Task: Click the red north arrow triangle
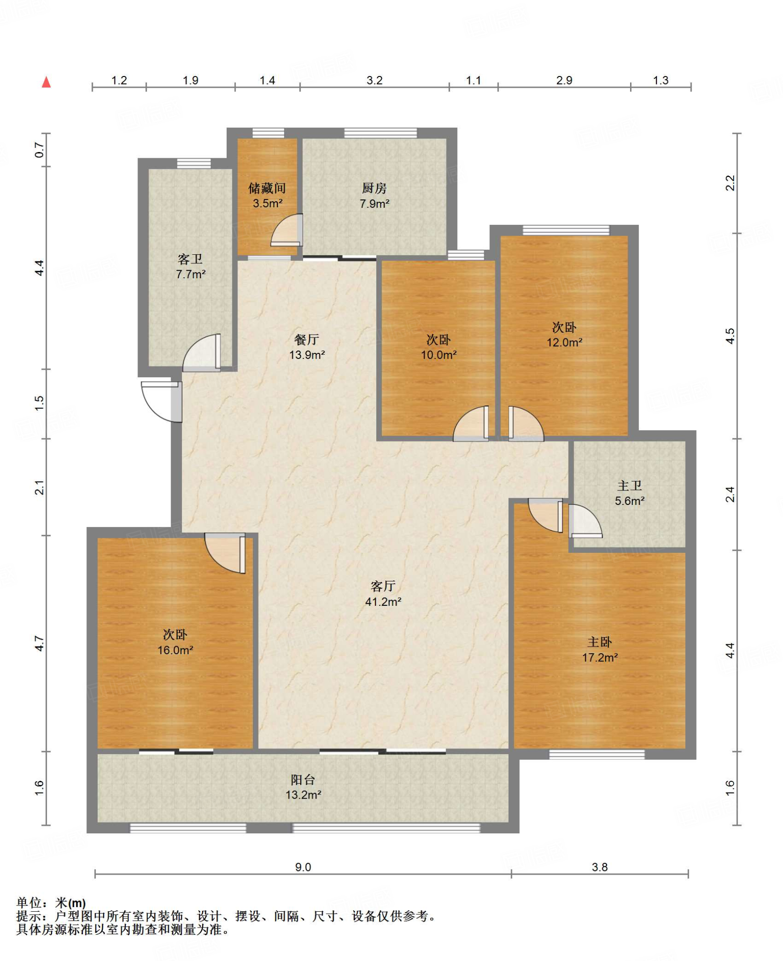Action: click(46, 82)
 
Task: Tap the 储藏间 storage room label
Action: click(267, 188)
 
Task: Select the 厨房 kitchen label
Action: click(374, 188)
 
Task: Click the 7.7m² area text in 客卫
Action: click(190, 275)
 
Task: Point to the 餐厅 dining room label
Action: click(307, 339)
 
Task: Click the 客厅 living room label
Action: click(383, 586)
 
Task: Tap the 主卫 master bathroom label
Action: click(630, 486)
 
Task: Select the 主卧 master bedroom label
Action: click(600, 642)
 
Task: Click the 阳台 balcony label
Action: click(303, 780)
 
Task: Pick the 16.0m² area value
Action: click(175, 650)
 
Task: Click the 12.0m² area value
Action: click(564, 343)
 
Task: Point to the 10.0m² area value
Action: click(439, 355)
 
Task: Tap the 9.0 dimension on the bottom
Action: click(303, 867)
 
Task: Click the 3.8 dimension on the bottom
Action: click(600, 867)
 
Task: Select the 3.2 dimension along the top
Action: click(374, 81)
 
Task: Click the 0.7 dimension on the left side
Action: click(39, 151)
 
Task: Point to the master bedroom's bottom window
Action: click(597, 755)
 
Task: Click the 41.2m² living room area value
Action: click(383, 602)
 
